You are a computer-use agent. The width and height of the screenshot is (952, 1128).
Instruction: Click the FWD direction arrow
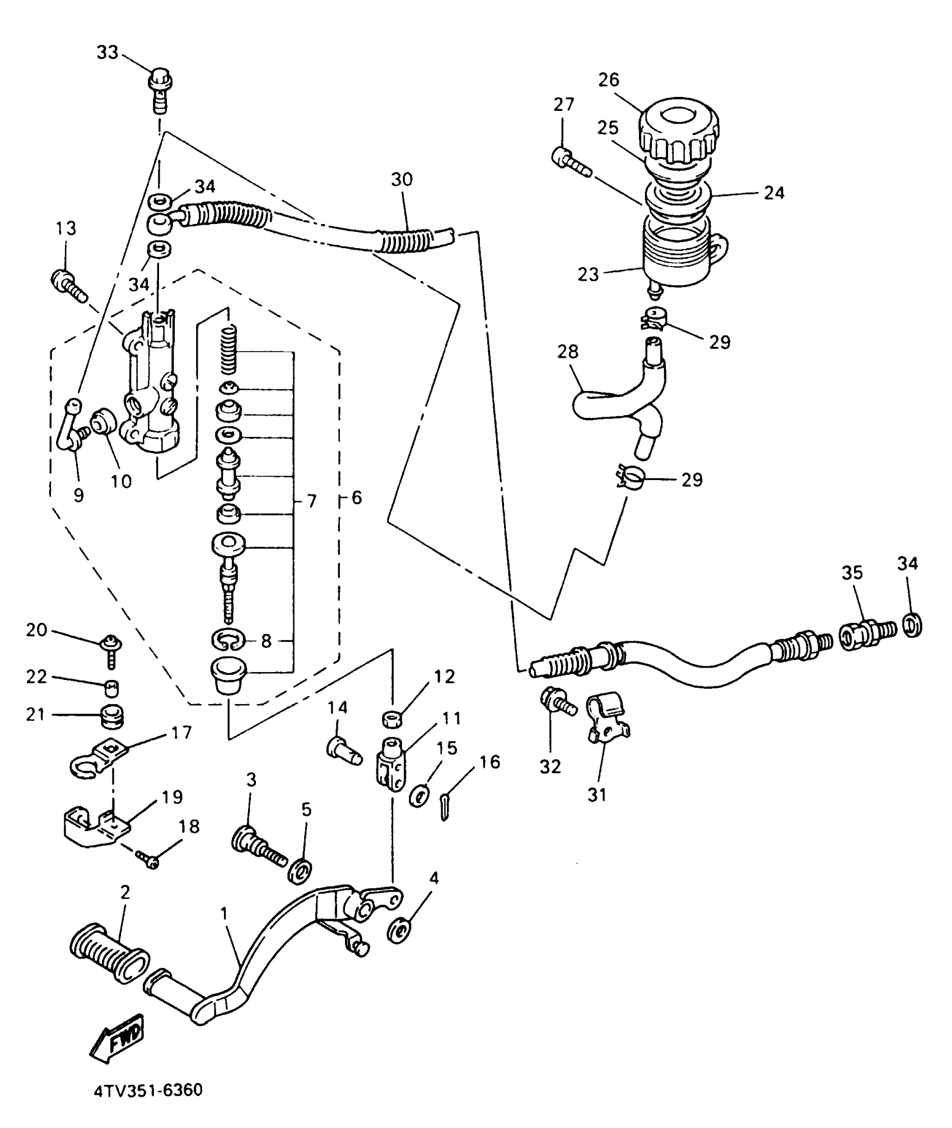116,1037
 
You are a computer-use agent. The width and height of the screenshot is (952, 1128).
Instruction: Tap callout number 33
108,53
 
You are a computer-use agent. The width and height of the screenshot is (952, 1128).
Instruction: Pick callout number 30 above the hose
402,179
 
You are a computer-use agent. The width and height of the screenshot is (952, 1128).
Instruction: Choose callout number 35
852,572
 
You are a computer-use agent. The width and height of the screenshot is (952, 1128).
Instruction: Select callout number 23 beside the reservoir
589,274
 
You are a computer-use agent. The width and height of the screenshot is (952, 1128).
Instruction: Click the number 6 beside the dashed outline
357,497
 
